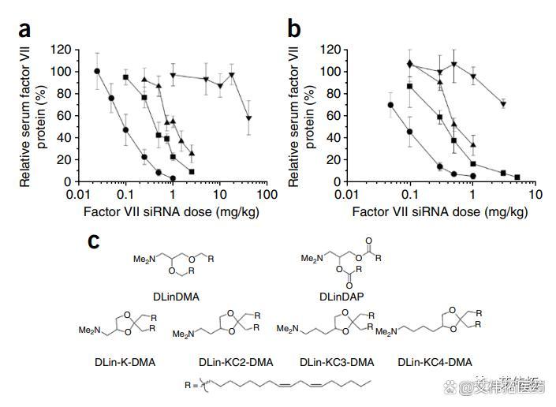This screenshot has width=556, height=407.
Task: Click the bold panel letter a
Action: tap(25, 31)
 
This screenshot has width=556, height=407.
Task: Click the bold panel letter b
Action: tap(294, 31)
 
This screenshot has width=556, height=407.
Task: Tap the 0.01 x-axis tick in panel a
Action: tap(78, 194)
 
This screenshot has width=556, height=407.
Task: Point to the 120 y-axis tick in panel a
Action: tap(62, 50)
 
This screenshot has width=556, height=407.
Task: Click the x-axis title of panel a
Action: tap(171, 211)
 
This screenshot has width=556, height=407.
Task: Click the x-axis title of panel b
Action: tap(439, 211)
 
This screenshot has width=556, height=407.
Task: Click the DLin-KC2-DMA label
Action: tap(236, 362)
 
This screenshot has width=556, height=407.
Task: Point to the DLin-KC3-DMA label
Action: tap(337, 362)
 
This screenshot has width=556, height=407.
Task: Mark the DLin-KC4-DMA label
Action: tap(435, 362)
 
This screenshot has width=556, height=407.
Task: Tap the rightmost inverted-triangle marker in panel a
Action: tap(249, 118)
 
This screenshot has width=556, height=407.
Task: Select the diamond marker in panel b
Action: tap(410, 63)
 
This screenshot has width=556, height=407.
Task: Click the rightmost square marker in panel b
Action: tap(517, 177)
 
